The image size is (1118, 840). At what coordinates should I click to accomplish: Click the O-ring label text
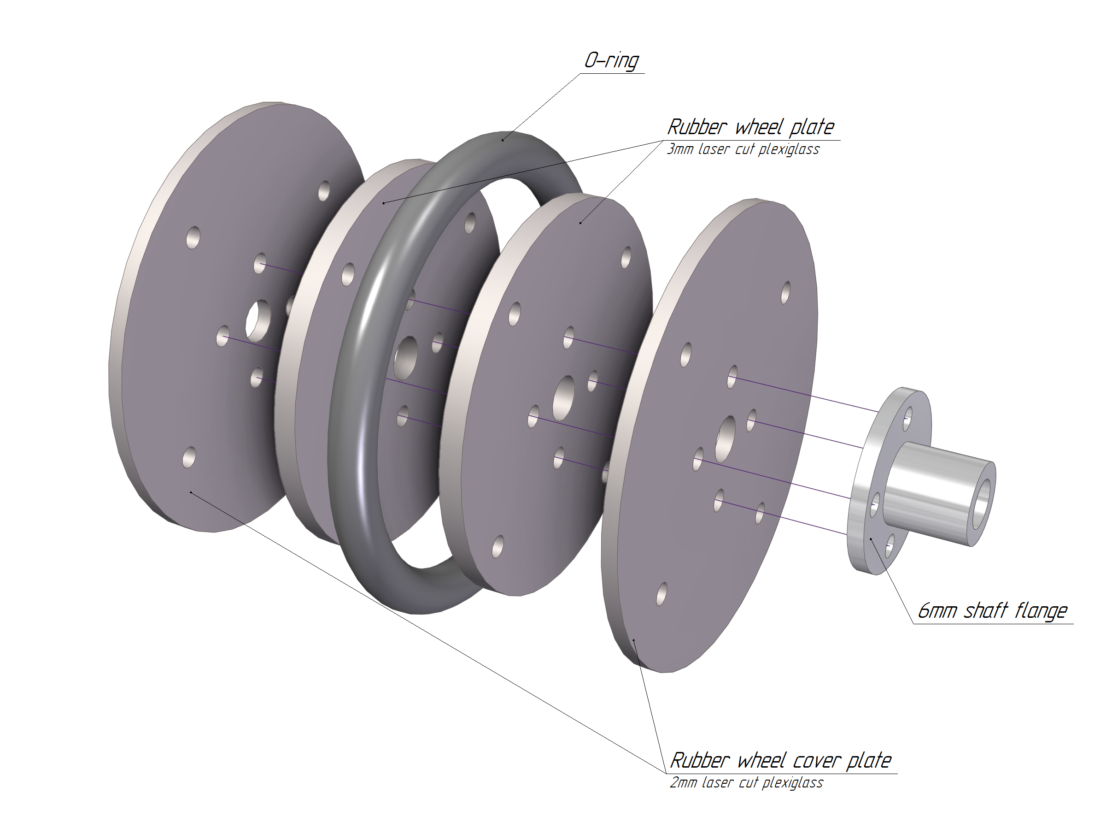click(611, 61)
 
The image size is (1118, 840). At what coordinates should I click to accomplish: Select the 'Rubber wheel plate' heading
click(750, 127)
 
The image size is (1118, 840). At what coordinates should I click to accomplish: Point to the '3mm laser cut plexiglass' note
click(743, 150)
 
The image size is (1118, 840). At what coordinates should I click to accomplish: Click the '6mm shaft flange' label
click(992, 611)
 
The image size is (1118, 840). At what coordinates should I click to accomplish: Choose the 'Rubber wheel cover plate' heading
click(780, 760)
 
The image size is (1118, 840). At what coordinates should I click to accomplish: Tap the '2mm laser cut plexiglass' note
click(747, 782)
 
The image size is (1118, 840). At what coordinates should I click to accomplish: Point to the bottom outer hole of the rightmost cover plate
click(661, 594)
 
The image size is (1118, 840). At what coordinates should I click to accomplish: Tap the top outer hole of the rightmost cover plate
click(785, 292)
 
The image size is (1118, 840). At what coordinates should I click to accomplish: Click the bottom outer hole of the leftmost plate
click(189, 457)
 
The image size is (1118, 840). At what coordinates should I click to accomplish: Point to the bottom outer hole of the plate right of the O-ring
click(498, 547)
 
